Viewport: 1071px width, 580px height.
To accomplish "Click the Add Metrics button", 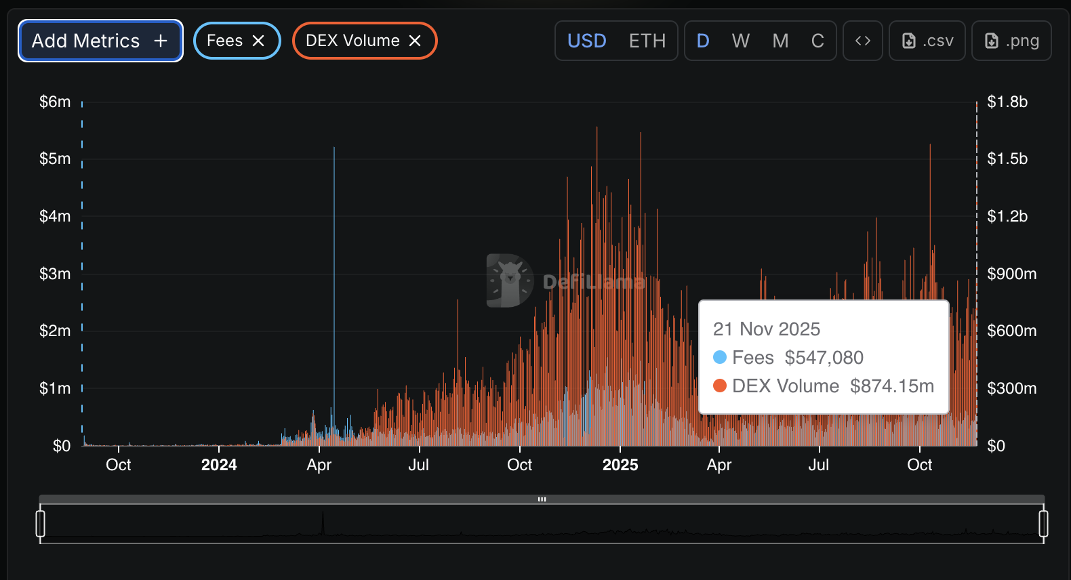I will pyautogui.click(x=100, y=41).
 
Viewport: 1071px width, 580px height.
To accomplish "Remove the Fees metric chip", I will pyautogui.click(x=258, y=41).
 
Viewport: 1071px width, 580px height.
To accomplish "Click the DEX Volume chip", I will pyautogui.click(x=352, y=41).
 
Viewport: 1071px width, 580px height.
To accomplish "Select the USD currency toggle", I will pyautogui.click(x=586, y=41).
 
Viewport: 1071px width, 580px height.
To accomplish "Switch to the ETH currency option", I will pyautogui.click(x=647, y=41).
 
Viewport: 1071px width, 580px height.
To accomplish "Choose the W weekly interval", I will pyautogui.click(x=740, y=41).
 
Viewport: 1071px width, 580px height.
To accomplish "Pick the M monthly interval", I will pyautogui.click(x=780, y=41).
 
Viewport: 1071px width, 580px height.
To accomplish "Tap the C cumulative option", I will pyautogui.click(x=817, y=41).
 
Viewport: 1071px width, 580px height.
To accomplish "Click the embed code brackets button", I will pyautogui.click(x=862, y=41).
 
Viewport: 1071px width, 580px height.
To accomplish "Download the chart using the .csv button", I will pyautogui.click(x=927, y=41).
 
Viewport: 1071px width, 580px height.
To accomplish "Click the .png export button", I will pyautogui.click(x=1011, y=41).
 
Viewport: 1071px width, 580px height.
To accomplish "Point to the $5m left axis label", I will pyautogui.click(x=55, y=159).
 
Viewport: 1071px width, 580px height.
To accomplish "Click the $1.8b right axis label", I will pyautogui.click(x=1007, y=102).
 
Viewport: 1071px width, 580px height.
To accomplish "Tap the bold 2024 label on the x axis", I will pyautogui.click(x=219, y=465).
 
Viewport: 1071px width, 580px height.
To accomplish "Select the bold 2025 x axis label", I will pyautogui.click(x=620, y=465).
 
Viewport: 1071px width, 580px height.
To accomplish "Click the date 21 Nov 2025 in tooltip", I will pyautogui.click(x=766, y=329).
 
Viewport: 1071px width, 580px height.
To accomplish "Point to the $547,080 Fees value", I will pyautogui.click(x=824, y=358).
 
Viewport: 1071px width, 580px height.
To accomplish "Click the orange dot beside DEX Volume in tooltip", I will pyautogui.click(x=720, y=386).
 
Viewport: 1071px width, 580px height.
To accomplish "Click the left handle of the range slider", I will pyautogui.click(x=41, y=524).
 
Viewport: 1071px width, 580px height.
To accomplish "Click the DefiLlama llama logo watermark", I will pyautogui.click(x=510, y=280).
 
